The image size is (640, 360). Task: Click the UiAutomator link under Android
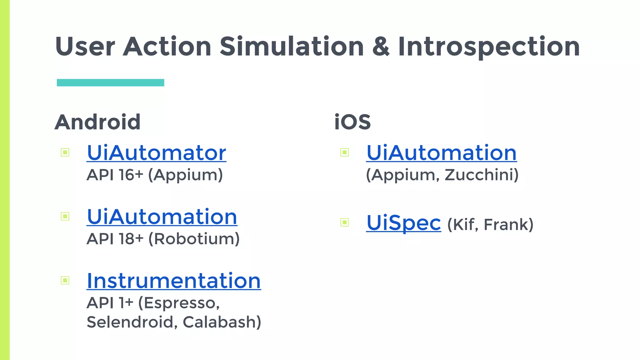(156, 153)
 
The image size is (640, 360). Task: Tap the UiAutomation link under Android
(162, 217)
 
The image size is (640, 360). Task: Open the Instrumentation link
(174, 281)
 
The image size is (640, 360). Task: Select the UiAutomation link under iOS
(441, 153)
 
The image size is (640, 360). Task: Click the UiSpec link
(403, 223)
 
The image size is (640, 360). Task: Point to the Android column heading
(97, 122)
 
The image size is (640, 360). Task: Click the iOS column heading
(352, 122)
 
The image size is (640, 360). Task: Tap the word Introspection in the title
(489, 47)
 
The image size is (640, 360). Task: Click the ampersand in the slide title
(381, 47)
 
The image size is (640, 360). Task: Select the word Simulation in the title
(292, 47)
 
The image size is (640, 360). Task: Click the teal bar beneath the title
(110, 82)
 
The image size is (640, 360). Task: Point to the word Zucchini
(481, 175)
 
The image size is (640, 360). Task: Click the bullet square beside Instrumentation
(65, 280)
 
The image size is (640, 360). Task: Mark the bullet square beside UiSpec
(344, 222)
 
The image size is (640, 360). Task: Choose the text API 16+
(115, 175)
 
